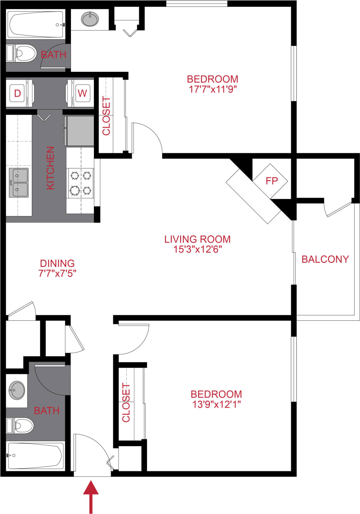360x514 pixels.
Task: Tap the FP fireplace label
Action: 270,181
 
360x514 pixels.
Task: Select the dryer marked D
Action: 18,93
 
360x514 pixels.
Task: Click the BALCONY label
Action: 325,259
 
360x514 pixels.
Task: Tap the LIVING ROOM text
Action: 197,239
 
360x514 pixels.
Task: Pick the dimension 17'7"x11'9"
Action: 212,89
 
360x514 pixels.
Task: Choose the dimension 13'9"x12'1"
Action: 216,404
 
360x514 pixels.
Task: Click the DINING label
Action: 57,263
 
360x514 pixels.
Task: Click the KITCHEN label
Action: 50,168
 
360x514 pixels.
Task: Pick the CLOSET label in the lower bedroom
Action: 126,403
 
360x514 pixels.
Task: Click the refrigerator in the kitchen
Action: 79,131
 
